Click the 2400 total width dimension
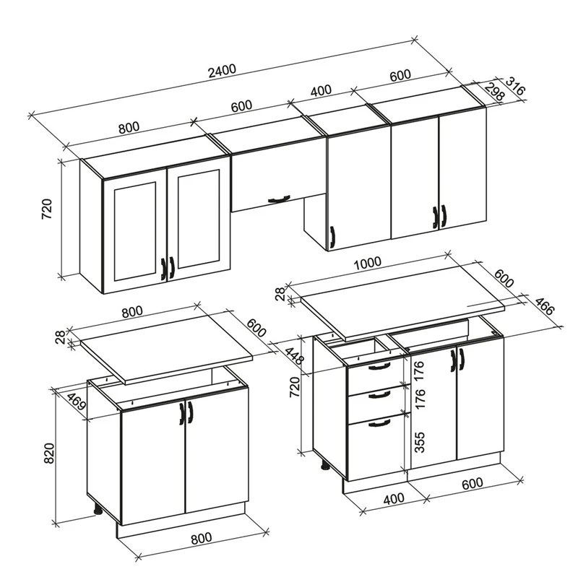222,71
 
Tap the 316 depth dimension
514,85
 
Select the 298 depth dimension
494,92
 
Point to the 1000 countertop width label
367,263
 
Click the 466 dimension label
544,305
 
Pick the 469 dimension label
77,402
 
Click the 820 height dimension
49,454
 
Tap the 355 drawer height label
420,442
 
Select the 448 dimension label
295,354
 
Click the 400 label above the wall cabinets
321,91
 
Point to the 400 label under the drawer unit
394,500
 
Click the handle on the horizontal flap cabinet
280,199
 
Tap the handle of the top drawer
379,366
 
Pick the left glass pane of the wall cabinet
135,232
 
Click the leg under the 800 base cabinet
98,510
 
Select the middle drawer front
379,404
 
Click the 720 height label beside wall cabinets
47,209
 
